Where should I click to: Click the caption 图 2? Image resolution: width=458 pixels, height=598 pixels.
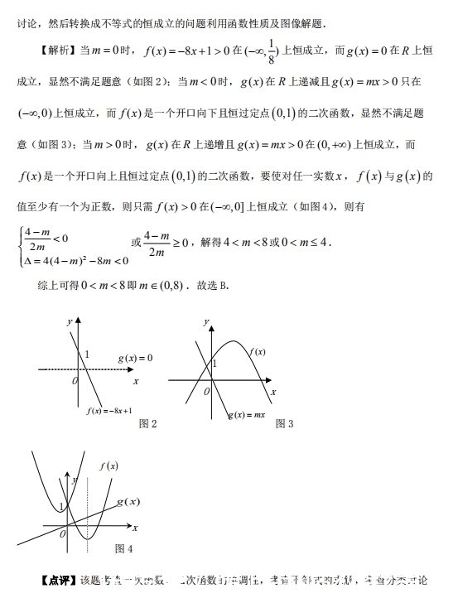tap(148, 423)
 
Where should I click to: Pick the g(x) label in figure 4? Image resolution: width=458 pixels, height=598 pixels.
tap(128, 502)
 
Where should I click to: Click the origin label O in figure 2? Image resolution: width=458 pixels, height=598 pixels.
tap(75, 380)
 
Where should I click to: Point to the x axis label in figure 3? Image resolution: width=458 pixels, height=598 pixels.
tap(273, 390)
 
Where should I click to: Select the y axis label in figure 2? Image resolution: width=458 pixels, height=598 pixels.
tap(69, 321)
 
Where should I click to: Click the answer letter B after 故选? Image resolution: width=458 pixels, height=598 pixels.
tap(224, 286)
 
